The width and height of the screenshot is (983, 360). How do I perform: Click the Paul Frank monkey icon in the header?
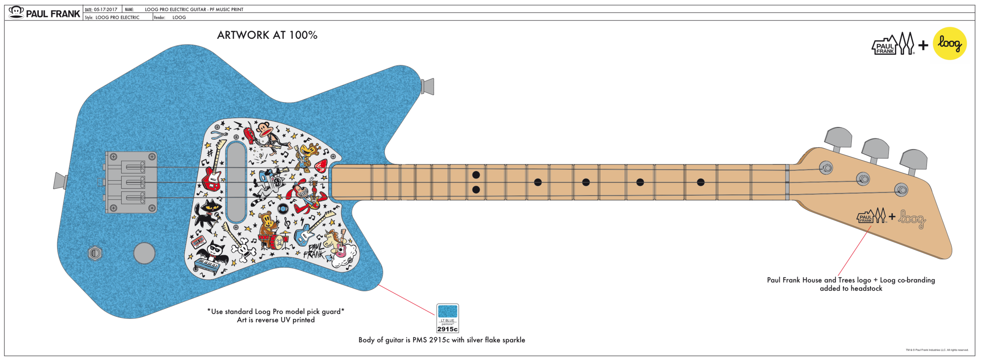pyautogui.click(x=16, y=12)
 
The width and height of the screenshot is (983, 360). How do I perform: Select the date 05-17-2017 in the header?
pyautogui.click(x=105, y=9)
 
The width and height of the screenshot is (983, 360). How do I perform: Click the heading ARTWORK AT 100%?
pyautogui.click(x=267, y=35)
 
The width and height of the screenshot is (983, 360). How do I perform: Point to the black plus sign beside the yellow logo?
pyautogui.click(x=923, y=46)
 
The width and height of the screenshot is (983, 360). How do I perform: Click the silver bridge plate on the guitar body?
pyautogui.click(x=131, y=182)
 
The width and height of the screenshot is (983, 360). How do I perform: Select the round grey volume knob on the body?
pyautogui.click(x=144, y=253)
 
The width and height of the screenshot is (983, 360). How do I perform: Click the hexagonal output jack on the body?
pyautogui.click(x=95, y=253)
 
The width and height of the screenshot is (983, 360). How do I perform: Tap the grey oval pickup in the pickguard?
pyautogui.click(x=236, y=182)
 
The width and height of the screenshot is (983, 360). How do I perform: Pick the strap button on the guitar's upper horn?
pyautogui.click(x=428, y=86)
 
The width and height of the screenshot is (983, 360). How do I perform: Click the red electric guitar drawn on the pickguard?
pyautogui.click(x=213, y=173)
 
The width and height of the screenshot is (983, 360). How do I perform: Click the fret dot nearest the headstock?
pyautogui.click(x=700, y=182)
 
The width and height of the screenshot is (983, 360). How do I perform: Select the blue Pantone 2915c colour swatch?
pyautogui.click(x=447, y=312)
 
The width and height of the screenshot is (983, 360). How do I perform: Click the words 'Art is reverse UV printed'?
pyautogui.click(x=276, y=320)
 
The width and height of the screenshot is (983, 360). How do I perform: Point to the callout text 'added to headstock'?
pyautogui.click(x=851, y=288)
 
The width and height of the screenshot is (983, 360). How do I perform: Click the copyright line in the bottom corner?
pyautogui.click(x=937, y=350)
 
